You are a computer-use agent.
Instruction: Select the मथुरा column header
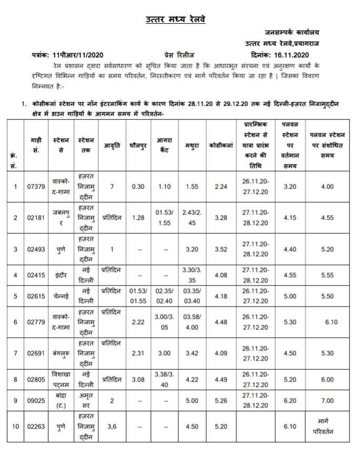tap(192, 144)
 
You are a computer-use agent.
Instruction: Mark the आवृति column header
tap(112, 144)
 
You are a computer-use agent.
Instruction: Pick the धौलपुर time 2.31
tap(138, 353)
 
